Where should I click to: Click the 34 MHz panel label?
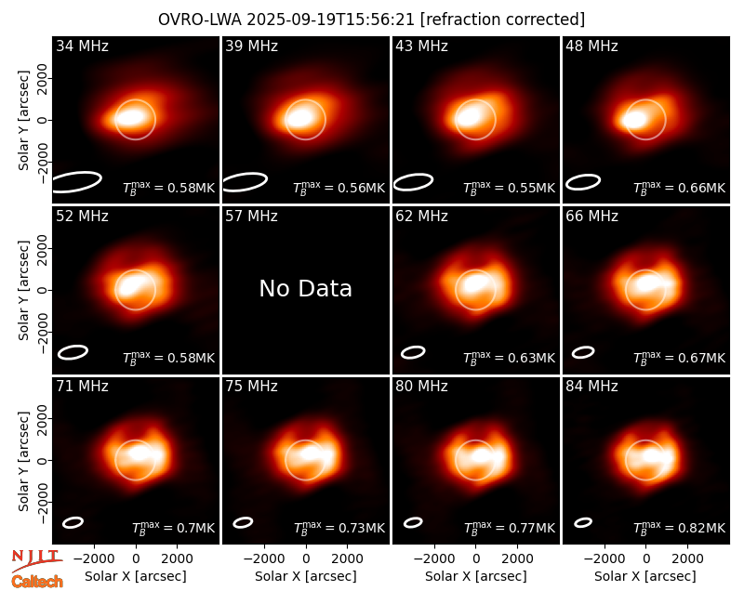coord(82,46)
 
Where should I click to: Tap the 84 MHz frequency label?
coord(591,387)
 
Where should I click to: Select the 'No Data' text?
coord(306,288)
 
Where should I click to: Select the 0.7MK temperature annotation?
coord(196,528)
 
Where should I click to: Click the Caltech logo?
coord(37,582)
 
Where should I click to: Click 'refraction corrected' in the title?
coord(502,20)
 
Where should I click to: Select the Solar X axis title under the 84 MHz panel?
coord(645,576)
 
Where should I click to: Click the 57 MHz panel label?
coord(251,217)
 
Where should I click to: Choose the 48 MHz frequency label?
coord(591,46)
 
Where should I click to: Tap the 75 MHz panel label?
coord(251,387)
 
